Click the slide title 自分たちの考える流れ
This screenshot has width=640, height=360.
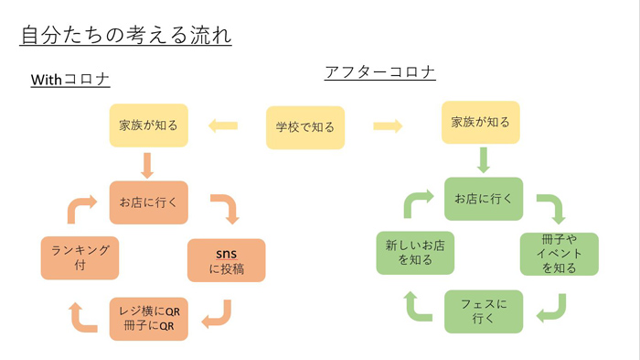tap(125, 36)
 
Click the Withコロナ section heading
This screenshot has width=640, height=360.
tap(70, 80)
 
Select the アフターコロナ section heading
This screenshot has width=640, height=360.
tap(379, 72)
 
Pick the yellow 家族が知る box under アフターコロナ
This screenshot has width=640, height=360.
tap(481, 122)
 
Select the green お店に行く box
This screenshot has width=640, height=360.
tap(484, 198)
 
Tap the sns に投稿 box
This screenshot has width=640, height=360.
tap(226, 260)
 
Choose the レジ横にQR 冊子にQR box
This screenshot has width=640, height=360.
tap(148, 318)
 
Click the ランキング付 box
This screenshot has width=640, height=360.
tap(80, 257)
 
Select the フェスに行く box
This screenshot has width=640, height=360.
tap(484, 311)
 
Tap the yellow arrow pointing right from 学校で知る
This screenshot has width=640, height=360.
tap(388, 126)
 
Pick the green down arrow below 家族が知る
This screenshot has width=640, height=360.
tap(484, 160)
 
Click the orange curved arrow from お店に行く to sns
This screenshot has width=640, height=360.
tap(225, 208)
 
